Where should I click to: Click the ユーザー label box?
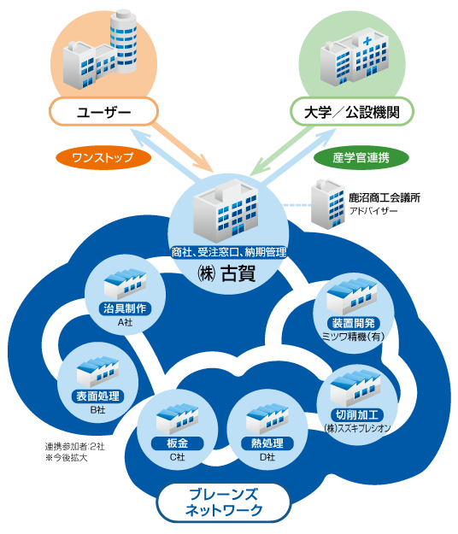[x=103, y=112]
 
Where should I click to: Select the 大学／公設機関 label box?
[x=352, y=112]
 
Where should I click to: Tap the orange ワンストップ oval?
[x=103, y=158]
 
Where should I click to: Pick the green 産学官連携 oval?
[x=361, y=158]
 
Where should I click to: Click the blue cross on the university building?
[x=367, y=41]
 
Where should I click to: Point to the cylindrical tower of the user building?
[x=123, y=41]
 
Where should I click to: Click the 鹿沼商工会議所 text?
[x=385, y=197]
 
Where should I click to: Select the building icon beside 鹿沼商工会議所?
[x=327, y=204]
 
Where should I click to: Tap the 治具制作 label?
[x=125, y=308]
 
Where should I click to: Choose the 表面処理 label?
[x=97, y=396]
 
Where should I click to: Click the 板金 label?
[x=178, y=443]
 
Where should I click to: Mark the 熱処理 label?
[x=267, y=443]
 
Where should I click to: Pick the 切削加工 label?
[x=357, y=414]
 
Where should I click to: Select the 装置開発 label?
[x=354, y=323]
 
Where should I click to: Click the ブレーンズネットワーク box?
[x=223, y=502]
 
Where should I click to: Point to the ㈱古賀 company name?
[x=226, y=273]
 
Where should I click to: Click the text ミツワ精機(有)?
[x=354, y=337]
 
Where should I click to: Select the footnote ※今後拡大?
[x=66, y=457]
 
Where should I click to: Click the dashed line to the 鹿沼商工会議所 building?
[x=297, y=205]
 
